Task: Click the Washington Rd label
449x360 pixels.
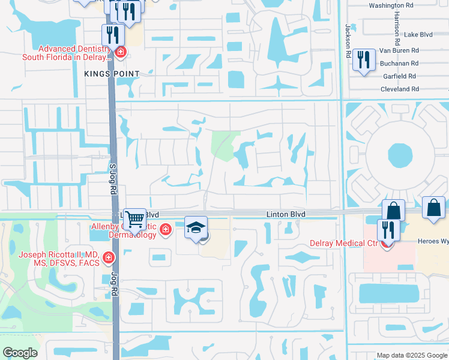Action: [391, 5]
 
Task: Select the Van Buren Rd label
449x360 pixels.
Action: [399, 50]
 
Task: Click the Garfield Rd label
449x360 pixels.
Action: [399, 76]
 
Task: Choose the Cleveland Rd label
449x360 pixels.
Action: [399, 89]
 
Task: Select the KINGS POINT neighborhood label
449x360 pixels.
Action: [112, 74]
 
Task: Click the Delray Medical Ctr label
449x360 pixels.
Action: [343, 243]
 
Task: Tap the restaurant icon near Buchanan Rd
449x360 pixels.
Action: [364, 59]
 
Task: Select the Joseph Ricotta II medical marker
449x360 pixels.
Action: [109, 258]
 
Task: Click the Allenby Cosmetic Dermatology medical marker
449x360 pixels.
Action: [164, 230]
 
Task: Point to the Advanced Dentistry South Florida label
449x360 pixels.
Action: [66, 53]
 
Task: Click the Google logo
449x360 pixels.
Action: [20, 353]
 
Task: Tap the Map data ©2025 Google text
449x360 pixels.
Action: [411, 356]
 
